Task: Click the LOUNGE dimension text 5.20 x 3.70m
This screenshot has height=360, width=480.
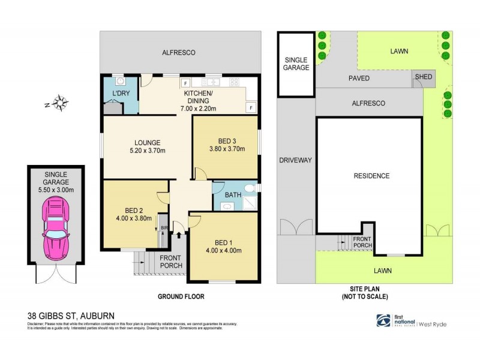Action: pos(148,151)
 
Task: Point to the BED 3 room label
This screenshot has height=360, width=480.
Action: pos(227,141)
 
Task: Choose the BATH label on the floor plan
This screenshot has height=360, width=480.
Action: pos(233,195)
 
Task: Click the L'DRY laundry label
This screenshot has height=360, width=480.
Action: pos(121,95)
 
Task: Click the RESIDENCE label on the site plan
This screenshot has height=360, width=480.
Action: pos(371,176)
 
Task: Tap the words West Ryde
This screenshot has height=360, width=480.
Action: pos(433,325)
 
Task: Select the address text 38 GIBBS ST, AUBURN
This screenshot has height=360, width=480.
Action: pos(71,315)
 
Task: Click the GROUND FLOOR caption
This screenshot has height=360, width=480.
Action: pos(181,296)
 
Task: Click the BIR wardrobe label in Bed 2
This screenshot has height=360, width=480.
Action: pos(163,229)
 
